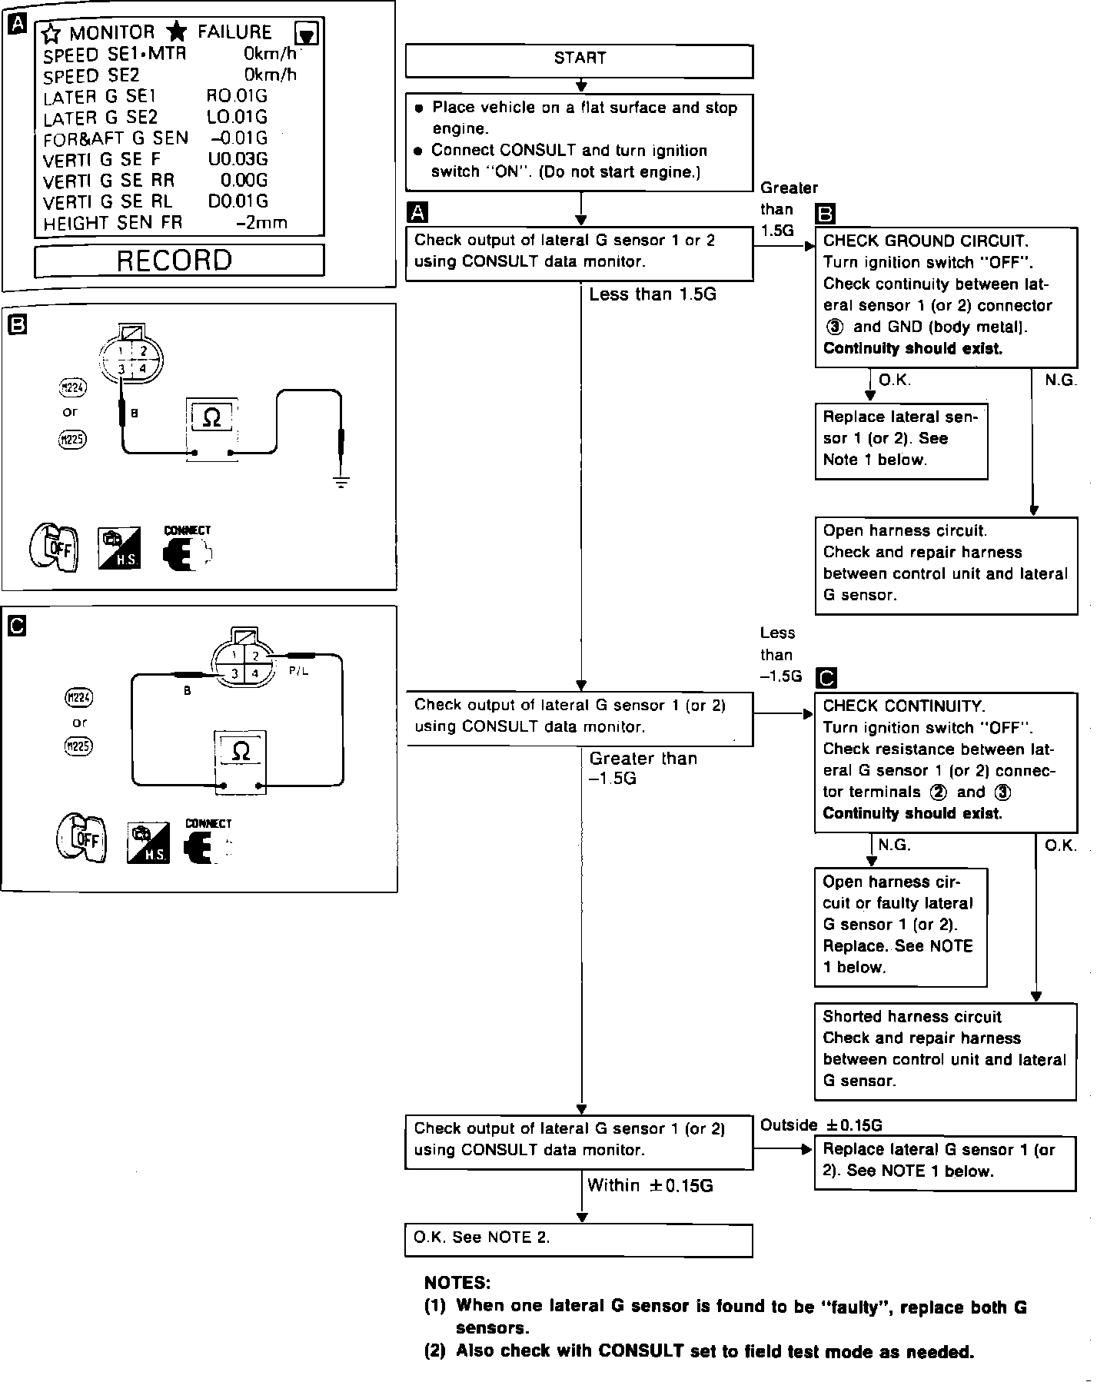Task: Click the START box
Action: tap(579, 60)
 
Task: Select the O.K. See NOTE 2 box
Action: tap(578, 1240)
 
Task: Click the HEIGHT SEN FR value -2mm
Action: tap(261, 223)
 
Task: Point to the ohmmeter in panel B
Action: tap(211, 427)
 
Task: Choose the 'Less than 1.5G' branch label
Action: tap(652, 294)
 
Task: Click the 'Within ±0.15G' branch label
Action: tap(650, 1185)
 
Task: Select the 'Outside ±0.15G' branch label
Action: tap(820, 1125)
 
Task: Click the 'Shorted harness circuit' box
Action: tap(945, 1050)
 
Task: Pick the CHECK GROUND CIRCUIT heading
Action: tap(925, 241)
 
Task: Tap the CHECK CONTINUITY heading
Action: tap(903, 706)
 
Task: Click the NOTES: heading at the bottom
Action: tap(457, 1283)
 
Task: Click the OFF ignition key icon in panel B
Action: tap(52, 546)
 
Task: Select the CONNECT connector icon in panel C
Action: tap(205, 842)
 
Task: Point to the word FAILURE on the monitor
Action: tap(234, 32)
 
